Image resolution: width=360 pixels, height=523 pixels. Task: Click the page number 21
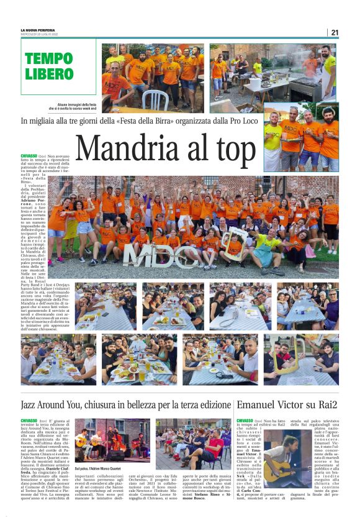click(335, 33)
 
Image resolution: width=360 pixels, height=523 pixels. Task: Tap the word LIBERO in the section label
click(49, 74)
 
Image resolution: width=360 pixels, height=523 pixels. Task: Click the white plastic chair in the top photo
click(155, 99)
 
